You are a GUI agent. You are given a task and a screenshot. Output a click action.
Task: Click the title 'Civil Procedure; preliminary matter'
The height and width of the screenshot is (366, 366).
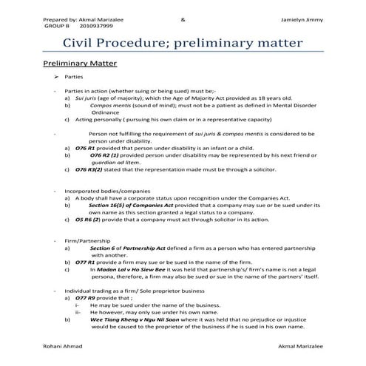coord(182,44)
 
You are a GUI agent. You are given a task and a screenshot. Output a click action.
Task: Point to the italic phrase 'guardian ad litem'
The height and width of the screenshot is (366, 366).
coord(112,163)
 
